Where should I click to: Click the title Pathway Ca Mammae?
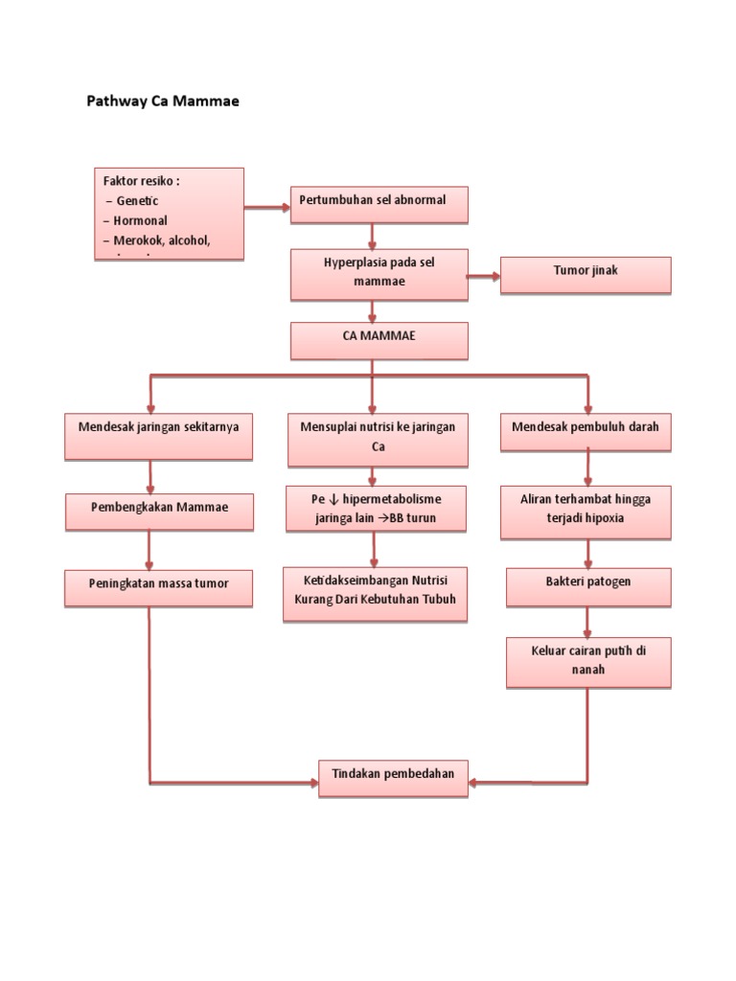coord(163,101)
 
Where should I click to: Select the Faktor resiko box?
coord(169,214)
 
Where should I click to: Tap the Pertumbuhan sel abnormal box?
coord(379,204)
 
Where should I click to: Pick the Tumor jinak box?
coord(585,274)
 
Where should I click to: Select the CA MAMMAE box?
coord(379,340)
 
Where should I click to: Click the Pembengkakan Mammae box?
coord(159,511)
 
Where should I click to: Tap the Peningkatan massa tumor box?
coord(159,587)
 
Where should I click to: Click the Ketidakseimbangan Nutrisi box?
coord(375,593)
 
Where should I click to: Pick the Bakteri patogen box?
coord(587,586)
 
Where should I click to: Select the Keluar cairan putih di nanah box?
coord(587,662)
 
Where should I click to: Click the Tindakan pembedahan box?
coord(393,777)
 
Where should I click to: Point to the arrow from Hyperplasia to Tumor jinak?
coord(484,277)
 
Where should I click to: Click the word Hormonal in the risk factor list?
coord(142,221)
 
